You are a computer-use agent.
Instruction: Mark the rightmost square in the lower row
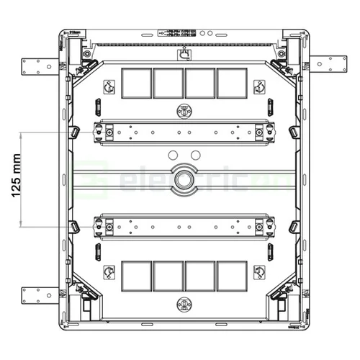click(x=231, y=276)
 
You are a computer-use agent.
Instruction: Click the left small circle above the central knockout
click(x=172, y=155)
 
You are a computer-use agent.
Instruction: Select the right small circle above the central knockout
click(x=192, y=155)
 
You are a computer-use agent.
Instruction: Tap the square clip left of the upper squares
click(x=109, y=86)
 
